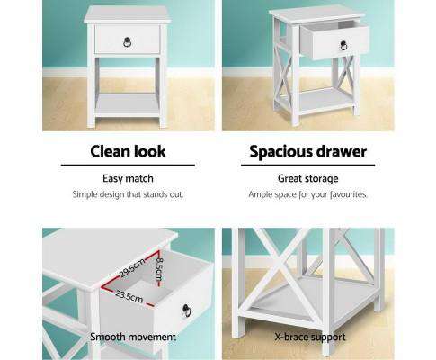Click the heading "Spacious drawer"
(307, 150)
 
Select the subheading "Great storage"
(307, 177)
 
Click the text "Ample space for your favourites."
(307, 194)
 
